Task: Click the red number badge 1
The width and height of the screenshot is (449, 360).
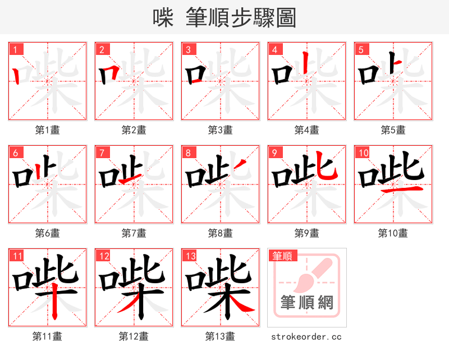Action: click(x=15, y=49)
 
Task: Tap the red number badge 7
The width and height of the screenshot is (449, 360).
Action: click(x=102, y=153)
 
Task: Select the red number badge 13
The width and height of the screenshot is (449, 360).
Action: click(x=189, y=256)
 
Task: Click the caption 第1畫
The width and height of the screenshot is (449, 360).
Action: click(x=48, y=130)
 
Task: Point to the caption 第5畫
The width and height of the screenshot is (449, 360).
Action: click(x=393, y=130)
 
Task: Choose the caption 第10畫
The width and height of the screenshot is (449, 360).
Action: click(x=393, y=233)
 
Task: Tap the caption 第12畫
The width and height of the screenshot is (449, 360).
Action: click(x=134, y=336)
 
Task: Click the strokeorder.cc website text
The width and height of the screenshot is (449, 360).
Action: click(x=306, y=336)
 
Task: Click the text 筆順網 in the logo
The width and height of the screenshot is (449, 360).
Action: click(x=307, y=302)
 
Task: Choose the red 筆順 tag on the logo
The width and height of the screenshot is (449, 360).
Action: click(x=282, y=256)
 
